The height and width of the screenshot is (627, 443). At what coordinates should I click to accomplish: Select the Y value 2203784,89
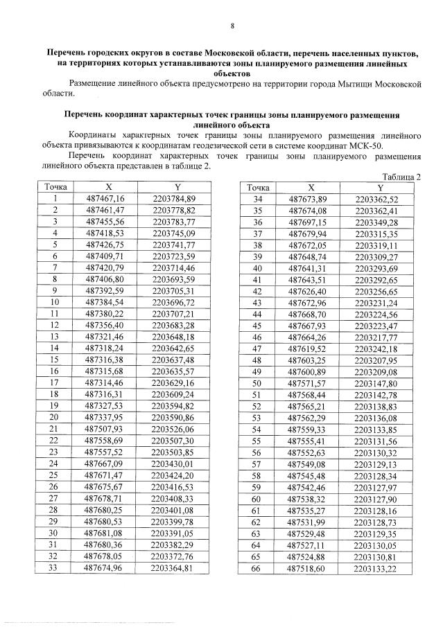coord(179,199)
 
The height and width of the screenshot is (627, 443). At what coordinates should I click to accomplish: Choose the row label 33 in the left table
coord(53,568)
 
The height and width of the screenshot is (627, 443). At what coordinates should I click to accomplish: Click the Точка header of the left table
coord(53,187)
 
